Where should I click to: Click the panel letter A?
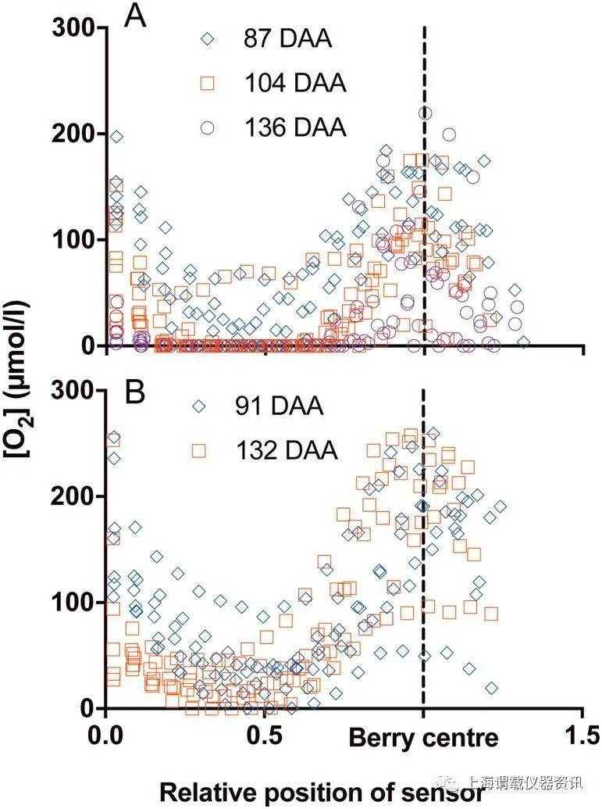coord(136,16)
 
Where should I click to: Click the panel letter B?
coord(135,392)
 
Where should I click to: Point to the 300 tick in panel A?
coord(73,28)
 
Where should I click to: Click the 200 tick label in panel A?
coord(73,134)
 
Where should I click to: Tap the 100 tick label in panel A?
coord(73,240)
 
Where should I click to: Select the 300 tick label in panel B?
coord(73,391)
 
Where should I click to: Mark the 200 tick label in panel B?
coord(73,496)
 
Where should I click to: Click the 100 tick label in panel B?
coord(73,603)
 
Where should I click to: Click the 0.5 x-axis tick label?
coord(265,737)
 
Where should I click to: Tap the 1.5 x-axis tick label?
coord(582,737)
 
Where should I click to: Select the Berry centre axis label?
coord(422,738)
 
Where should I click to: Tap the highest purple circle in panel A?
coord(425,113)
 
